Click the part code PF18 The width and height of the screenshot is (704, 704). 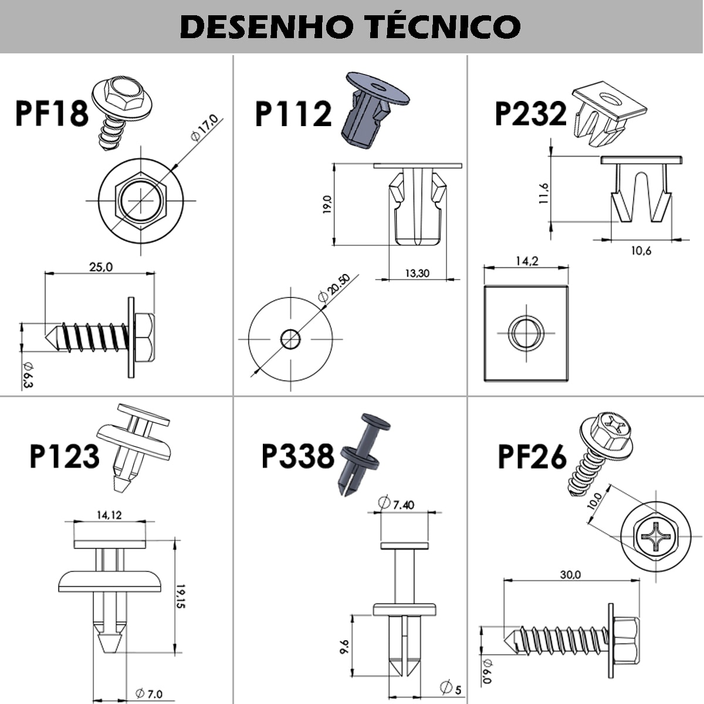click(x=52, y=113)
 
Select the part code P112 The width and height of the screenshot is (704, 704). click(x=293, y=113)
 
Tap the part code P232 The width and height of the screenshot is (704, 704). click(x=531, y=113)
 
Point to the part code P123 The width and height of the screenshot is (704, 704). click(x=65, y=456)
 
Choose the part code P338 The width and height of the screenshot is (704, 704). click(x=297, y=456)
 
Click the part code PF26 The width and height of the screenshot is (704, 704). click(x=532, y=457)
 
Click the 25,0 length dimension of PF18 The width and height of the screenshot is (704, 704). click(x=100, y=267)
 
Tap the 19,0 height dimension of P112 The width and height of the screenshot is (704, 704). click(x=327, y=205)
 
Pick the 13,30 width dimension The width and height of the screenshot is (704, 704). click(x=417, y=272)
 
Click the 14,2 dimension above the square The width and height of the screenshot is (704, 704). click(x=526, y=261)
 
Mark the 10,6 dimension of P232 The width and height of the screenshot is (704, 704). click(x=641, y=251)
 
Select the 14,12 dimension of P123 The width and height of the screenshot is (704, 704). click(x=109, y=515)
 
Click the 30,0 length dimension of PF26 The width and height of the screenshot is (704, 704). click(x=570, y=574)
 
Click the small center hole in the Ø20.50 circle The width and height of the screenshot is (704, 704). click(x=290, y=339)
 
